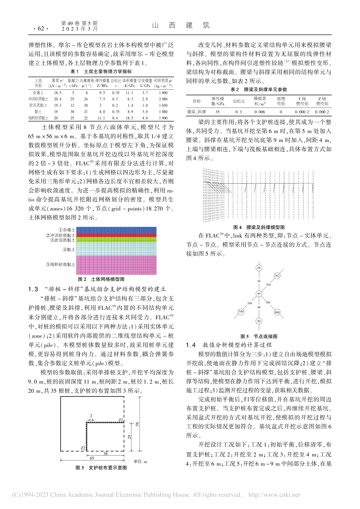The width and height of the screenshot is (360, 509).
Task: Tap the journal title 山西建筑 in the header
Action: [181, 25]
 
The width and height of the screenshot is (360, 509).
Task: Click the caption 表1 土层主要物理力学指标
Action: [102, 72]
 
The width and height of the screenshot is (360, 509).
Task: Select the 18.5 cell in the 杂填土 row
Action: [58, 92]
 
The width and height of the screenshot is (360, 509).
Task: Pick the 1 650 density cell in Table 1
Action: [163, 105]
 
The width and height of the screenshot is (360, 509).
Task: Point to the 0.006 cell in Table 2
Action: [260, 112]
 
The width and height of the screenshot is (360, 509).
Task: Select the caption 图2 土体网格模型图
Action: [101, 279]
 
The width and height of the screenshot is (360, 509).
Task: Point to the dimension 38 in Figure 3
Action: [105, 453]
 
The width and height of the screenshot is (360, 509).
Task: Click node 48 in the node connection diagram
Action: [259, 268]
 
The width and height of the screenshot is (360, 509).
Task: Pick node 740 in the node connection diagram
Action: [241, 311]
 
